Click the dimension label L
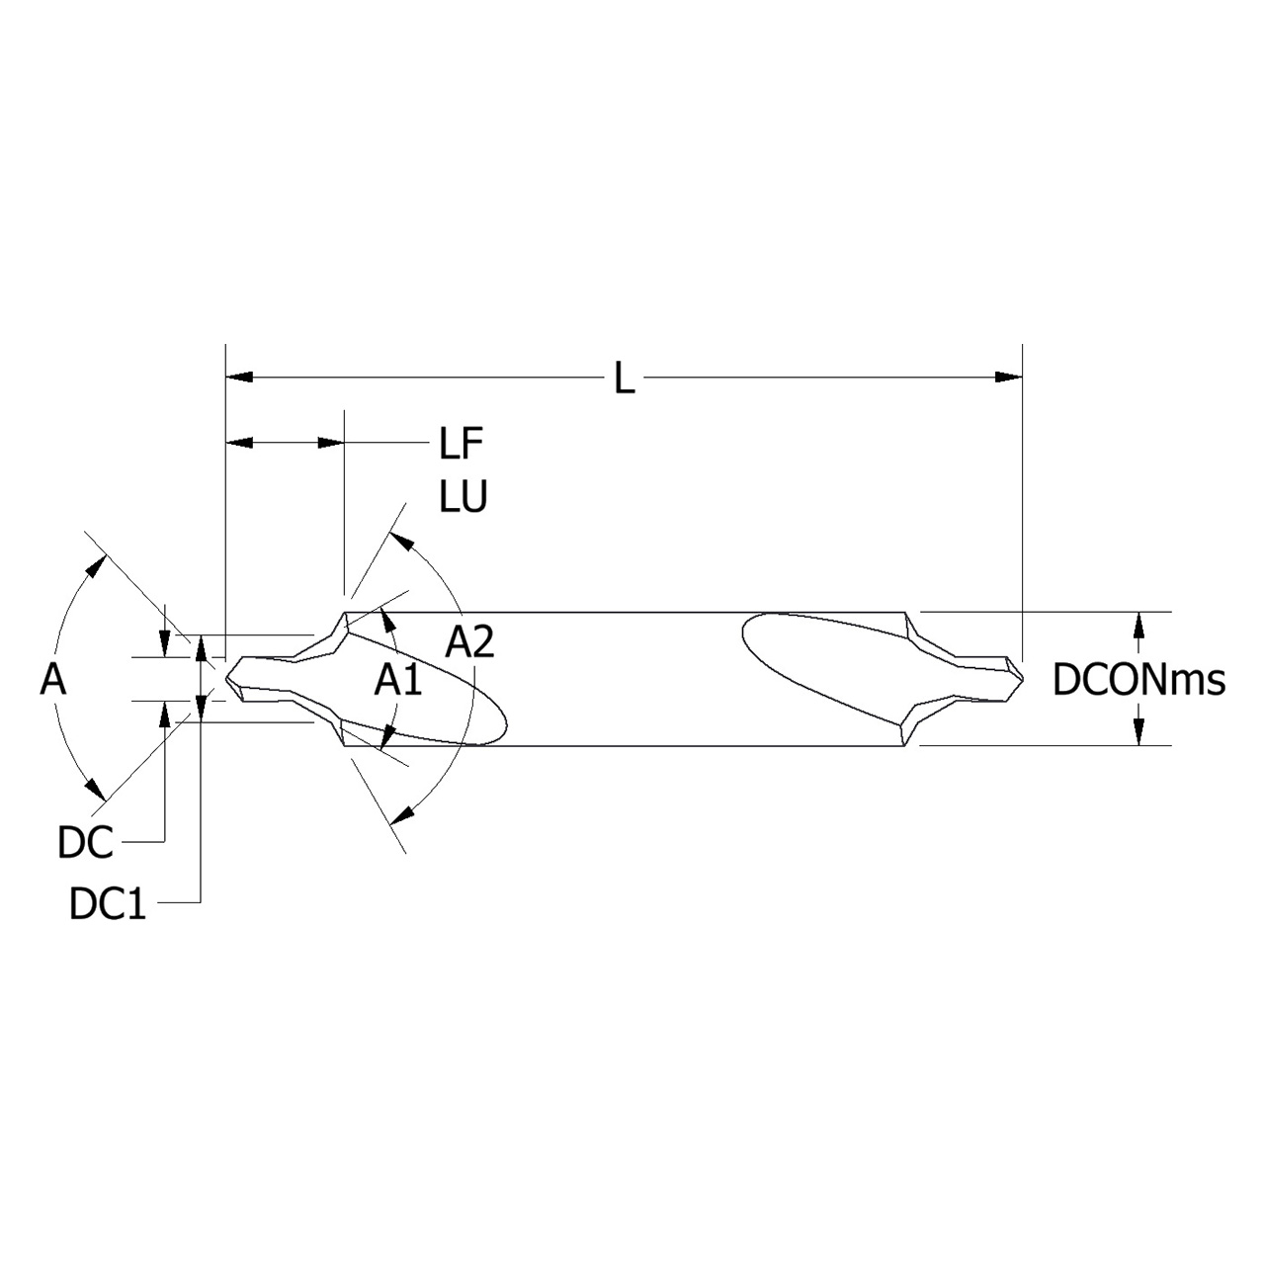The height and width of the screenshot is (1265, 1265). pyautogui.click(x=624, y=379)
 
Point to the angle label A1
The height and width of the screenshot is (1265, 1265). pyautogui.click(x=398, y=680)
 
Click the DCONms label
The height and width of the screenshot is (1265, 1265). pyautogui.click(x=1138, y=680)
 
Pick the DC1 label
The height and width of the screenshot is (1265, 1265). pyautogui.click(x=108, y=904)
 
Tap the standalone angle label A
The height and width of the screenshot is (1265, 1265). pyautogui.click(x=52, y=679)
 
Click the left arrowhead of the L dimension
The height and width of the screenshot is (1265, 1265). pyautogui.click(x=239, y=377)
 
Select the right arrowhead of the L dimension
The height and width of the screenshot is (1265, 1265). pyautogui.click(x=1009, y=377)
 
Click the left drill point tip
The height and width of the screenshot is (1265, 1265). pyautogui.click(x=226, y=678)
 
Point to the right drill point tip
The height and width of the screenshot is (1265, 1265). pyautogui.click(x=1023, y=679)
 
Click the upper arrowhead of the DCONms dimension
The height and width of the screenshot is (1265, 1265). pyautogui.click(x=1139, y=625)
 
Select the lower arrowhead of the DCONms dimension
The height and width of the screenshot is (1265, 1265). pyautogui.click(x=1139, y=732)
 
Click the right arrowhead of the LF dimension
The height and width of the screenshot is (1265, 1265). pyautogui.click(x=331, y=443)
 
